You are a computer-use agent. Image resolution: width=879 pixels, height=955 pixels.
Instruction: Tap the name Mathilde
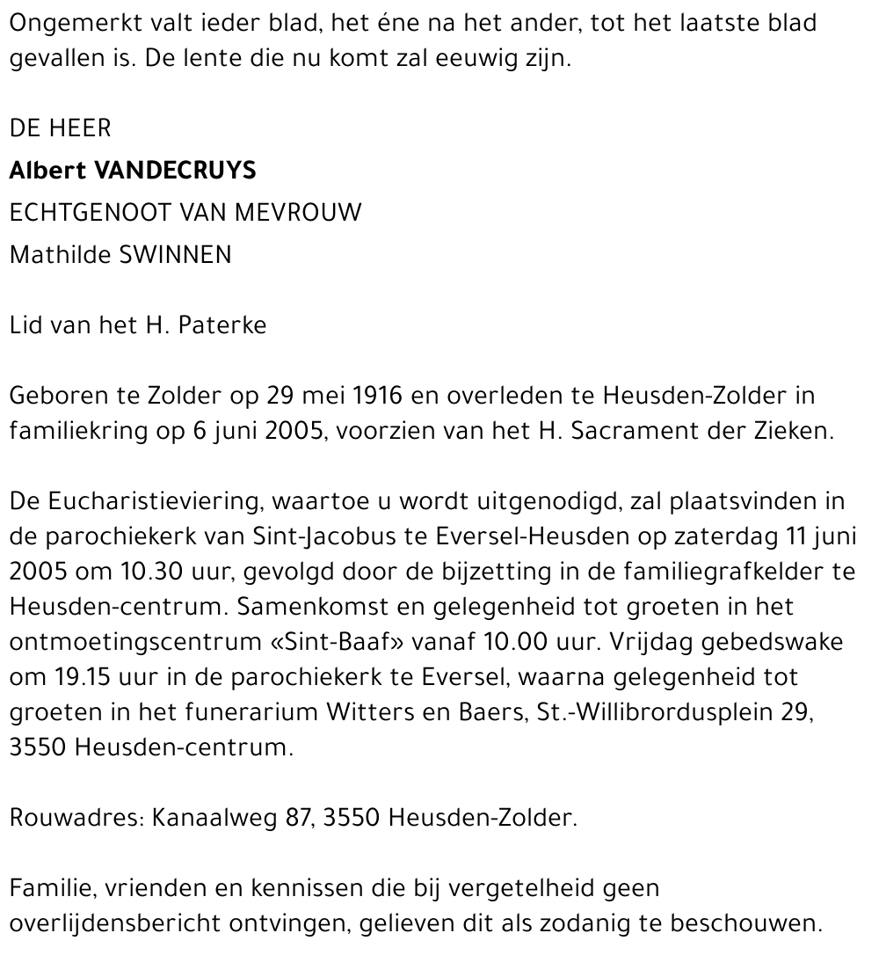coord(61,255)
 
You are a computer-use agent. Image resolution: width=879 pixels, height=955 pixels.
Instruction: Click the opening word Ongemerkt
coord(77,23)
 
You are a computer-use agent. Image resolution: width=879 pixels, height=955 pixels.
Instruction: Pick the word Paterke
coord(222,325)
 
